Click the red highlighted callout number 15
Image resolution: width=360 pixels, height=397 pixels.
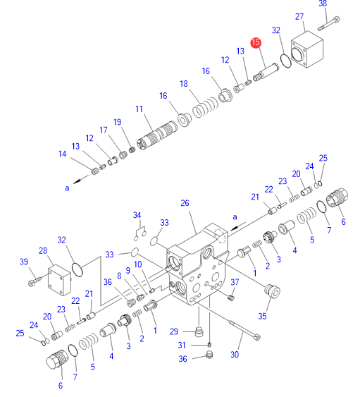click(x=256, y=42)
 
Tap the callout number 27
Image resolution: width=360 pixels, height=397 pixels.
click(x=299, y=16)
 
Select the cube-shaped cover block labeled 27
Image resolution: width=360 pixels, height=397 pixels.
click(x=307, y=49)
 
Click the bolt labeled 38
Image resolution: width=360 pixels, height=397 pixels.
click(x=328, y=23)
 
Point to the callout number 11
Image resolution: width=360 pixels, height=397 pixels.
click(x=139, y=109)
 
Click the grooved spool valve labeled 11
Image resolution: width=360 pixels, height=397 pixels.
click(x=157, y=135)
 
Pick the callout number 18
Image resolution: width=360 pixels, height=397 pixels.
click(x=184, y=84)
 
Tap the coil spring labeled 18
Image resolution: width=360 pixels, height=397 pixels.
click(x=205, y=108)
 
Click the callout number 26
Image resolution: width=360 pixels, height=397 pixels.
click(x=185, y=203)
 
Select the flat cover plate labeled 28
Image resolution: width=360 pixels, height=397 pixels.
click(x=59, y=280)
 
